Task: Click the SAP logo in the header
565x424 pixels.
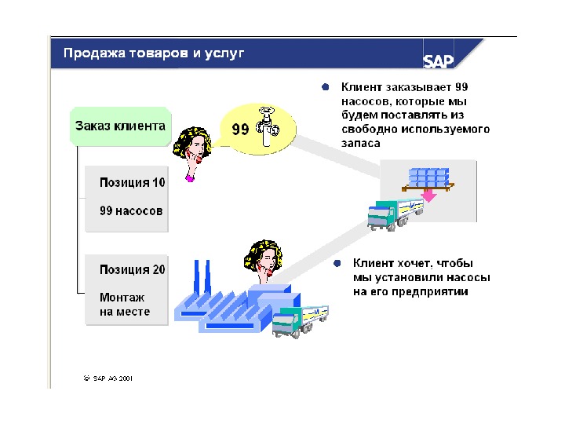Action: (439, 62)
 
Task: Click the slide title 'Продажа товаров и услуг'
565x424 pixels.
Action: (154, 53)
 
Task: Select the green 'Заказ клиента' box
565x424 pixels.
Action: (120, 126)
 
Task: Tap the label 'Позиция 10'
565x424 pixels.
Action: (132, 182)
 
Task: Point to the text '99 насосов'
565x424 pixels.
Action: (131, 210)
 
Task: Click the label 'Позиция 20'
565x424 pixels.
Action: (132, 269)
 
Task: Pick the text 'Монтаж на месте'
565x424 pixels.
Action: (124, 305)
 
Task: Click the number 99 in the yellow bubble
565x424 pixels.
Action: (241, 129)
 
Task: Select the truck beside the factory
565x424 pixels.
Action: (300, 319)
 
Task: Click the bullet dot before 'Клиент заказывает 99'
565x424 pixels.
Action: (325, 87)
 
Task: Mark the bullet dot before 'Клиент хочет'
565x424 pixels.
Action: (336, 263)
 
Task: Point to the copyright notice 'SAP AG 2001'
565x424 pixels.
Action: (112, 378)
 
